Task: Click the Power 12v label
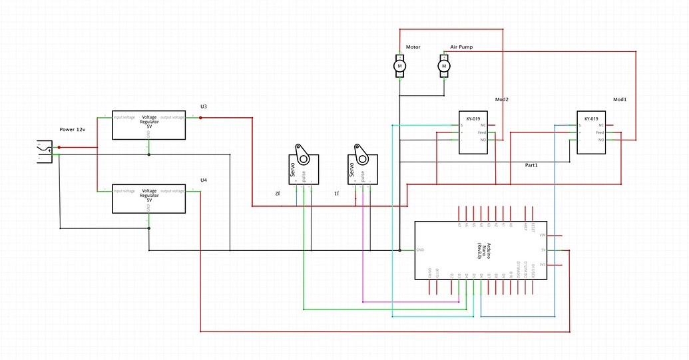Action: [x=72, y=129]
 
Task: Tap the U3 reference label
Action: [x=204, y=106]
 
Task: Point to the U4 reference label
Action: [x=204, y=180]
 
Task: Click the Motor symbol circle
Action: [x=400, y=66]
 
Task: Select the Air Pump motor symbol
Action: [x=444, y=66]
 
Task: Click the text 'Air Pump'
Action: [x=461, y=48]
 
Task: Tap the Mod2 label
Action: [x=501, y=99]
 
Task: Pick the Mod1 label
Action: [x=620, y=99]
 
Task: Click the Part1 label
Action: [x=531, y=164]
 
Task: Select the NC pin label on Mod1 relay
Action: [x=601, y=125]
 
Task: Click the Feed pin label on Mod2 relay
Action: [x=482, y=132]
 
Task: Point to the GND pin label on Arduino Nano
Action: [x=420, y=250]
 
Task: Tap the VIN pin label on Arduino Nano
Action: [x=543, y=236]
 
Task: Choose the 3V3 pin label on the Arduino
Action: [x=543, y=265]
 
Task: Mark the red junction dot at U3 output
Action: [x=200, y=118]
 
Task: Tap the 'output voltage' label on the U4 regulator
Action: [x=172, y=192]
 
